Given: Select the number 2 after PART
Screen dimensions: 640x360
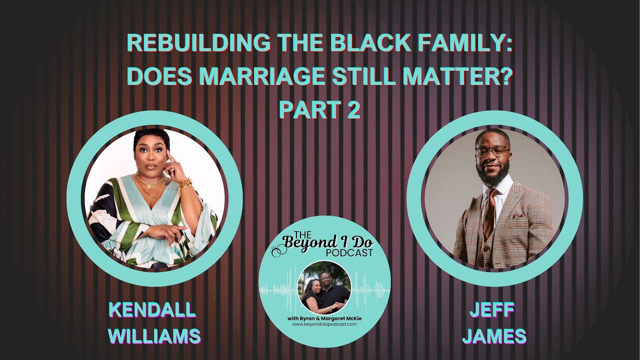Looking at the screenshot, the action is click(x=353, y=110).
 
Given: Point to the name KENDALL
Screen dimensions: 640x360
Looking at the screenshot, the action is click(x=152, y=310).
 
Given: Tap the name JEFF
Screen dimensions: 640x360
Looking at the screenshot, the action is click(x=492, y=310).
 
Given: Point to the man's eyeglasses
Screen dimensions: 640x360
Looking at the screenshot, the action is click(x=492, y=151).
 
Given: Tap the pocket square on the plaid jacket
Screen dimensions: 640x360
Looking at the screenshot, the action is click(x=517, y=215).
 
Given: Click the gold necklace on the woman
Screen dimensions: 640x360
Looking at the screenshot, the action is click(x=150, y=185).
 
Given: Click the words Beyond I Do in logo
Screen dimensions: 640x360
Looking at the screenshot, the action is click(x=328, y=243).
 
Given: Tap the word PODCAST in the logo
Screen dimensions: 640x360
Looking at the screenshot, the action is click(x=349, y=253).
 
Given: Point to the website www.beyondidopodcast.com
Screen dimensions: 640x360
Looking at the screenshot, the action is click(x=325, y=324).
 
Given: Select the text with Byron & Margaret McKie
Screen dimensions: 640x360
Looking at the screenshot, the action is click(x=324, y=318).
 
